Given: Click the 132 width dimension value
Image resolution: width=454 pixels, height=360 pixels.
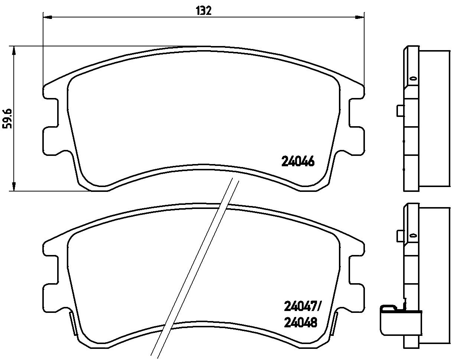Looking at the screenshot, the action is point(203,11).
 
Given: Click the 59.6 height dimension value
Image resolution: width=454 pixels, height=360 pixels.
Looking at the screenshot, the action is point(7,119).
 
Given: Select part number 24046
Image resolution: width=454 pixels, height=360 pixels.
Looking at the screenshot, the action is point(298,162).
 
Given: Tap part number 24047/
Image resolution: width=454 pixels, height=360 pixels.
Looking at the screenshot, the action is point(302,307).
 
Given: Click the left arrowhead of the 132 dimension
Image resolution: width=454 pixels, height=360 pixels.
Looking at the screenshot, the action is point(48,17).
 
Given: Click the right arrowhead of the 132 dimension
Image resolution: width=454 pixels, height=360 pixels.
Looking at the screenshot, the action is point(360,17).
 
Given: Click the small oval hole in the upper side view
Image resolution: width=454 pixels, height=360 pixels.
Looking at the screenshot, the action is point(413,79).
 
